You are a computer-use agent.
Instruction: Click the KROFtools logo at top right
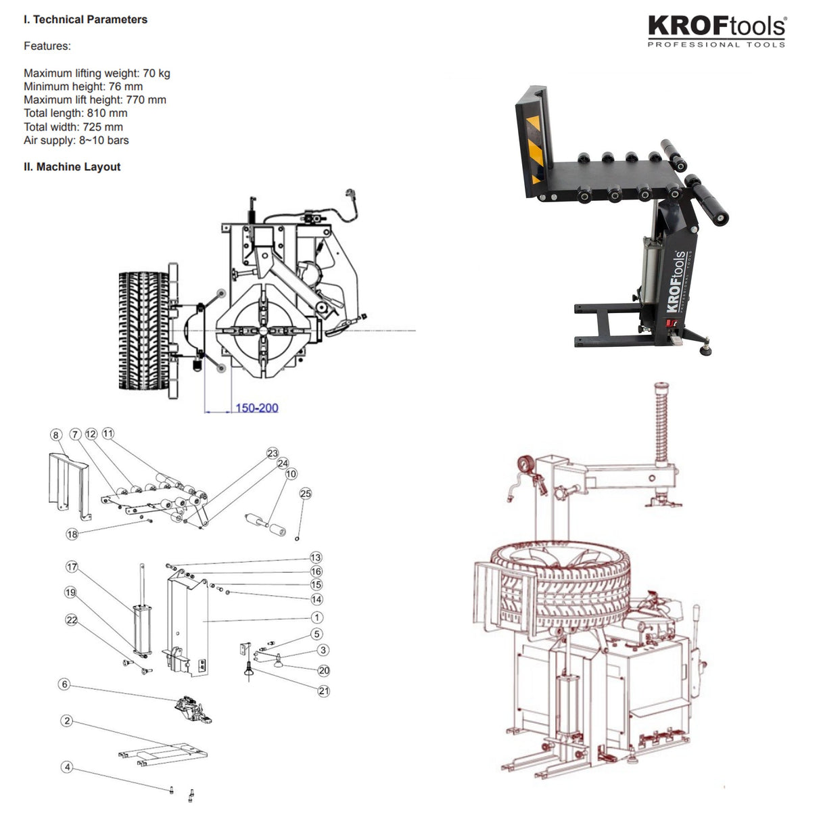click(x=716, y=31)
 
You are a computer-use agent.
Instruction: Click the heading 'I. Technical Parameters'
click(x=85, y=20)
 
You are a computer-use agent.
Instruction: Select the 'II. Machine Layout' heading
click(x=72, y=167)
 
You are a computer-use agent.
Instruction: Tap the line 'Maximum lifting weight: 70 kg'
click(x=97, y=73)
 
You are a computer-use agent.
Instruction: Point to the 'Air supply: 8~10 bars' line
click(x=76, y=141)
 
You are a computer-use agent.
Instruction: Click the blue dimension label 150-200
click(x=256, y=408)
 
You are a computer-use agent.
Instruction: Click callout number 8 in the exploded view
click(x=56, y=436)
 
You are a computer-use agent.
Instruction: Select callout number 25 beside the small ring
click(x=306, y=494)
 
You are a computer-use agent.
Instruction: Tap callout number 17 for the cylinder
click(x=72, y=567)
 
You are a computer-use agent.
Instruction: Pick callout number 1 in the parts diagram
click(x=316, y=617)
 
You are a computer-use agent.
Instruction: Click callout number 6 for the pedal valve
click(x=65, y=684)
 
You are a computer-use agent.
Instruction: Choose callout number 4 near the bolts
click(x=66, y=767)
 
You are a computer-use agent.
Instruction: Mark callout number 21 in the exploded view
click(x=324, y=691)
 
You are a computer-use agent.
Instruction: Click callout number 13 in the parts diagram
click(x=316, y=558)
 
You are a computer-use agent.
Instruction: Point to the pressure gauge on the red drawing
click(x=524, y=466)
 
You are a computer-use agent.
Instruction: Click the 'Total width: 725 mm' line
click(x=73, y=127)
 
